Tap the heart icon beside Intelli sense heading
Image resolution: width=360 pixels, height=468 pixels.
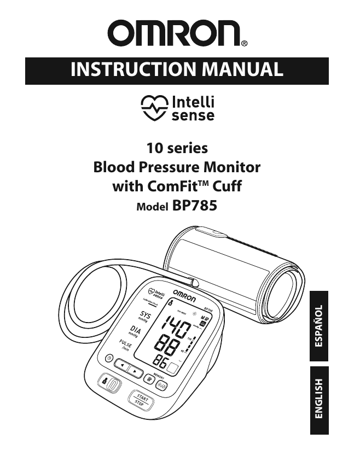pos(152,108)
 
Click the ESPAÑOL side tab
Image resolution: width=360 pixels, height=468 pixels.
pos(319,327)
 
